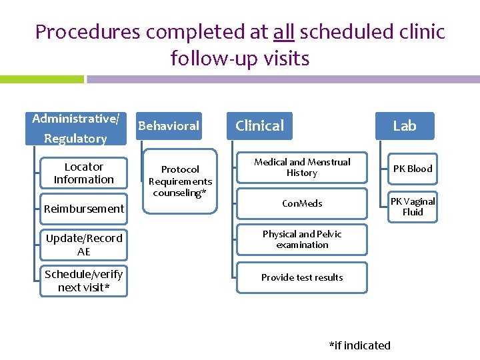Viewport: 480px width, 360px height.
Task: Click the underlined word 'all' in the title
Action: point(284,31)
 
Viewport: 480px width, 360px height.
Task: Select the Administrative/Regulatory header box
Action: point(76,129)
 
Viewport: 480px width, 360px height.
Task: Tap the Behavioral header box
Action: point(168,125)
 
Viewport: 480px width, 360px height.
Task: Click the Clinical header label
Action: point(259,125)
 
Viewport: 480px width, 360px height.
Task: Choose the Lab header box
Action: point(404,125)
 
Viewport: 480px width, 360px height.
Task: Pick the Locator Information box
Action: point(84,173)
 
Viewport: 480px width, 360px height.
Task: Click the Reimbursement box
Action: point(84,209)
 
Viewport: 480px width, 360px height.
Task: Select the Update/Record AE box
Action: point(84,245)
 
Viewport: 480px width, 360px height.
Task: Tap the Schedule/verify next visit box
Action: point(84,281)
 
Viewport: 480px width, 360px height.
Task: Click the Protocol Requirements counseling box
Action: point(180,181)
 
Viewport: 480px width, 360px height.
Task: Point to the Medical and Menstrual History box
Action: point(302,168)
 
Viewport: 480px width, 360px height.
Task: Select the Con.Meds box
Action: point(302,203)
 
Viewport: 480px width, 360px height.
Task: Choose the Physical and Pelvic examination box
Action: point(302,239)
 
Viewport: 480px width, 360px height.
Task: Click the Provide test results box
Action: point(302,277)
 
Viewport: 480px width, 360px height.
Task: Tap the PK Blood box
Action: point(412,169)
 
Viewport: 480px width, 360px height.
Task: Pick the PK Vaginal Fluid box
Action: point(412,207)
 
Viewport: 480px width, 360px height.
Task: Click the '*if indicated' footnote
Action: point(359,345)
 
